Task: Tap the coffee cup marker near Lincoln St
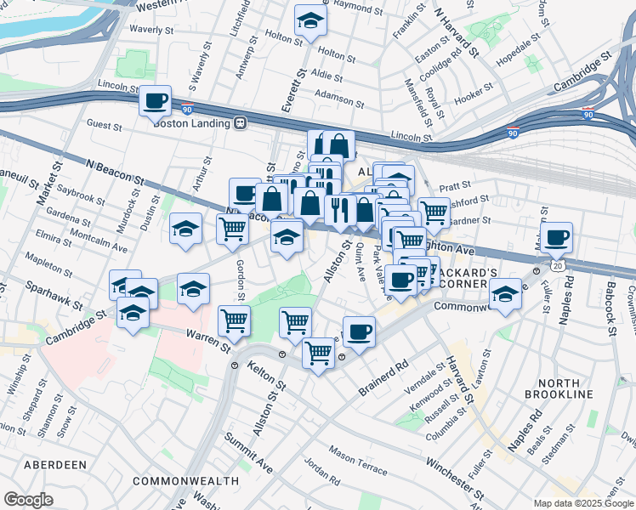tap(156, 102)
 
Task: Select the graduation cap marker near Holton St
tap(311, 22)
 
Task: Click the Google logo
tap(29, 500)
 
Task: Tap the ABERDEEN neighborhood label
tap(54, 465)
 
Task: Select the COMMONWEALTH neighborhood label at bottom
tap(185, 481)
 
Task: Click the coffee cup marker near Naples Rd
tap(557, 239)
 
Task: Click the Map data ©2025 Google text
tap(582, 502)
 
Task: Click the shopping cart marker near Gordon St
tap(232, 229)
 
